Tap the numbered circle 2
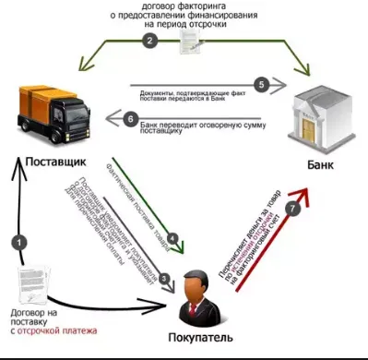[x=150, y=42]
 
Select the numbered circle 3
[x=164, y=277]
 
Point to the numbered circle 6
[x=130, y=118]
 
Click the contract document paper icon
[x=36, y=282]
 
